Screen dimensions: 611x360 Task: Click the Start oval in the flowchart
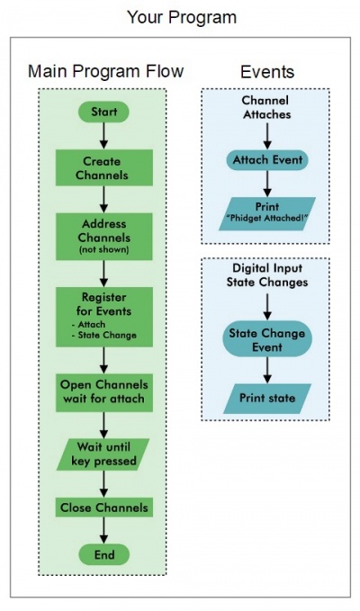point(104,112)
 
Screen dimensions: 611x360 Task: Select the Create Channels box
point(104,168)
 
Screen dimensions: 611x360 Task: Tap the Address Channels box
point(104,235)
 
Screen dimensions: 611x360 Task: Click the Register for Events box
point(104,315)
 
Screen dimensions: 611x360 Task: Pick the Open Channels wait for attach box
point(104,391)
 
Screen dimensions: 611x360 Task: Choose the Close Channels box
point(104,508)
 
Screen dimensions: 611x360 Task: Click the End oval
point(104,555)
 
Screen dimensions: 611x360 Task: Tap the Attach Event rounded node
point(267,160)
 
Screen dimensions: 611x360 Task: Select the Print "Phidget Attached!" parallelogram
point(267,212)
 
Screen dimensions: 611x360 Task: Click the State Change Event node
point(267,339)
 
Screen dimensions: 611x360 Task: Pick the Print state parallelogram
point(267,395)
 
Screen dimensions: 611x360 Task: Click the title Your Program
point(181,17)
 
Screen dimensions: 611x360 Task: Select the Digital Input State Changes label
point(266,276)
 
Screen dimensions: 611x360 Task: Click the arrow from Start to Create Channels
point(104,136)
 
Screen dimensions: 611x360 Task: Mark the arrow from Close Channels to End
point(104,532)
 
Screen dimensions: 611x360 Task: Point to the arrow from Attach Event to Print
point(267,184)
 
